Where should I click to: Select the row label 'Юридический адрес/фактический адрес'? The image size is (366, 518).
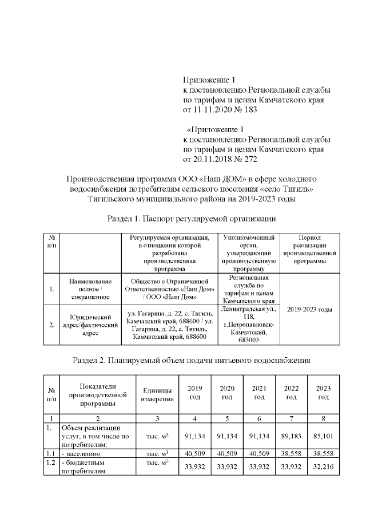(x=89, y=325)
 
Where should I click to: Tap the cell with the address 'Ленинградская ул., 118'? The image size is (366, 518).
(x=249, y=325)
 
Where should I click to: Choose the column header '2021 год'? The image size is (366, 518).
(x=260, y=393)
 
